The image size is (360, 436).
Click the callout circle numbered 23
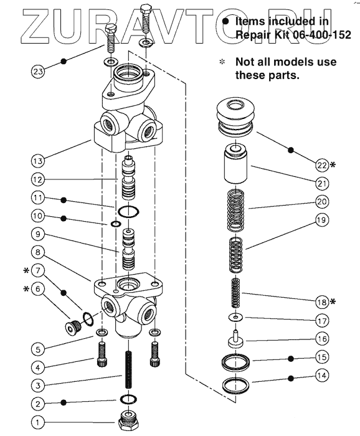tap(38, 72)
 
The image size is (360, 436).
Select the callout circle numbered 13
tap(38, 161)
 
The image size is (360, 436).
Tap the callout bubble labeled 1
tap(38, 423)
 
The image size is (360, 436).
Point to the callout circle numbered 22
tap(322, 165)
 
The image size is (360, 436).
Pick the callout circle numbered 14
tap(322, 376)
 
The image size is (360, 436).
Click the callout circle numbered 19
tap(322, 220)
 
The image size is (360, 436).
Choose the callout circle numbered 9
tap(38, 234)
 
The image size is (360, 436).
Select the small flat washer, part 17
tap(235, 317)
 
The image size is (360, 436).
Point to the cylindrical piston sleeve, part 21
tap(235, 164)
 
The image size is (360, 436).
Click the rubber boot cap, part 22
tap(235, 116)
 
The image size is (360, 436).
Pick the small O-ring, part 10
tap(116, 224)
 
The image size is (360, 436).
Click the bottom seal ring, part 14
tap(235, 386)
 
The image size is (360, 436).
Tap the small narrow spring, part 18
tap(235, 293)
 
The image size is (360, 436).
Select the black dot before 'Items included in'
tap(225, 21)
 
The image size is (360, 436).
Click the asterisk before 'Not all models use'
tap(222, 62)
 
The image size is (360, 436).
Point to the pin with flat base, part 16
tap(235, 338)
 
